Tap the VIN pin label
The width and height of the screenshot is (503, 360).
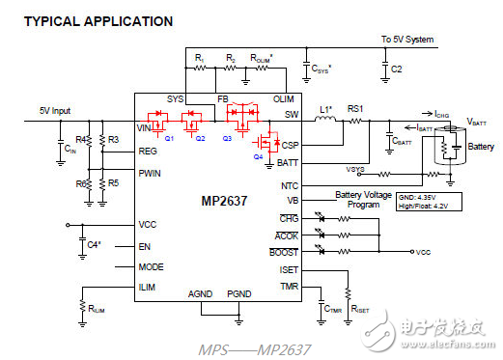[146, 127]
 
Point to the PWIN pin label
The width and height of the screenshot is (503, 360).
[152, 175]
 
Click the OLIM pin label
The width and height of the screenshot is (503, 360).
[285, 98]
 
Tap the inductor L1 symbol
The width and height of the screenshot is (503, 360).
[325, 121]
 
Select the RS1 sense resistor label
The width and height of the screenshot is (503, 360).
[355, 110]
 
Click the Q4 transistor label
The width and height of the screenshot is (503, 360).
[258, 155]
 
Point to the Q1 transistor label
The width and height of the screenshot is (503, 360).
[169, 137]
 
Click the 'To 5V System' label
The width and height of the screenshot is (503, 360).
[407, 40]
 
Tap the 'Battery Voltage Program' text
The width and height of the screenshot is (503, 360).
[363, 199]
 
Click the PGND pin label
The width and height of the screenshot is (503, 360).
[238, 294]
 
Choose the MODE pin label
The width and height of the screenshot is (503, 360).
[152, 266]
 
